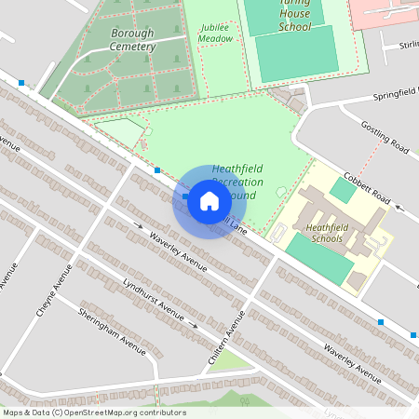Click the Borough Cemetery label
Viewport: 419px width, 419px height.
(x=131, y=39)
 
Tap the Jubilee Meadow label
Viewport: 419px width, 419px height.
(x=215, y=34)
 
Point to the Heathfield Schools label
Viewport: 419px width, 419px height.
(x=324, y=233)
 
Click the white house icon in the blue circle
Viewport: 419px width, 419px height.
(x=209, y=200)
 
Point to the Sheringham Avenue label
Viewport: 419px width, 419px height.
(x=112, y=330)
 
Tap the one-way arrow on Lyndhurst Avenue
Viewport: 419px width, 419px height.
(x=195, y=326)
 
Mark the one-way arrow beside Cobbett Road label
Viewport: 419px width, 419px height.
(x=399, y=209)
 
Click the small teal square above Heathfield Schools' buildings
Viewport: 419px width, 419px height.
(x=343, y=190)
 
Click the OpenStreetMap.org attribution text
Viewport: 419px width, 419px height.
(x=93, y=412)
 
